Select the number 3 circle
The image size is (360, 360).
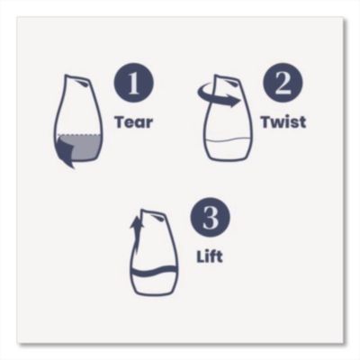pyautogui.click(x=210, y=220)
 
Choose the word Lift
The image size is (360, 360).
pyautogui.click(x=210, y=256)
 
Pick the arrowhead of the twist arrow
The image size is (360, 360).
pyautogui.click(x=237, y=102)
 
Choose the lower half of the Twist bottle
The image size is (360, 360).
pyautogui.click(x=227, y=149)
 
